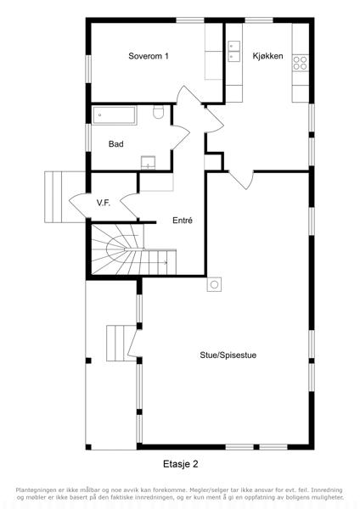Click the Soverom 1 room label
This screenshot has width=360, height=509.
[149, 56]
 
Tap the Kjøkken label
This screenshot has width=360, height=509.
[267, 56]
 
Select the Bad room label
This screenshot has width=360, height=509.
[116, 144]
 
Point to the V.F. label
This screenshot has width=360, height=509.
[104, 204]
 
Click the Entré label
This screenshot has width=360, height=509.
[183, 221]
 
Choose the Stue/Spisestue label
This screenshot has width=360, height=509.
[228, 355]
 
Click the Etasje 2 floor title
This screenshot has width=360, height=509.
[181, 464]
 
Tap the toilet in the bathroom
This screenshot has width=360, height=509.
[159, 112]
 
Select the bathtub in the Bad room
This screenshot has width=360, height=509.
[114, 115]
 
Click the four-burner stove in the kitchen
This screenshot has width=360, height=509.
[301, 64]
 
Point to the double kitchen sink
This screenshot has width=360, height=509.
[234, 51]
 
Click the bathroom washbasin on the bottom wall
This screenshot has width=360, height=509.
[148, 163]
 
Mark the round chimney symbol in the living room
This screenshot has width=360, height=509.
[214, 285]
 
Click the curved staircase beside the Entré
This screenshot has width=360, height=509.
[134, 249]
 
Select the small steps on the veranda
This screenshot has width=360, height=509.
[121, 344]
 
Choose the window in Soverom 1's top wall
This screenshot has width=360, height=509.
[190, 20]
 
